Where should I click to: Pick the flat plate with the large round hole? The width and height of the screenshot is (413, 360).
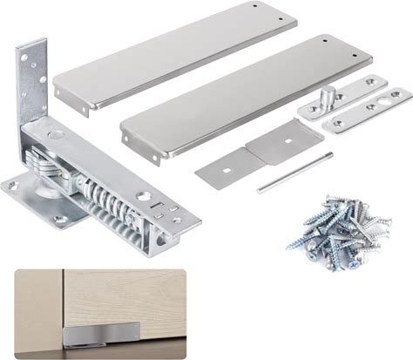coord(369,109)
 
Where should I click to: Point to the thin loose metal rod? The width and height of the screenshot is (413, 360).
coord(294,172)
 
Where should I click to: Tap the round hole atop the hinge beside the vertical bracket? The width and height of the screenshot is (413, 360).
coord(55,138)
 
